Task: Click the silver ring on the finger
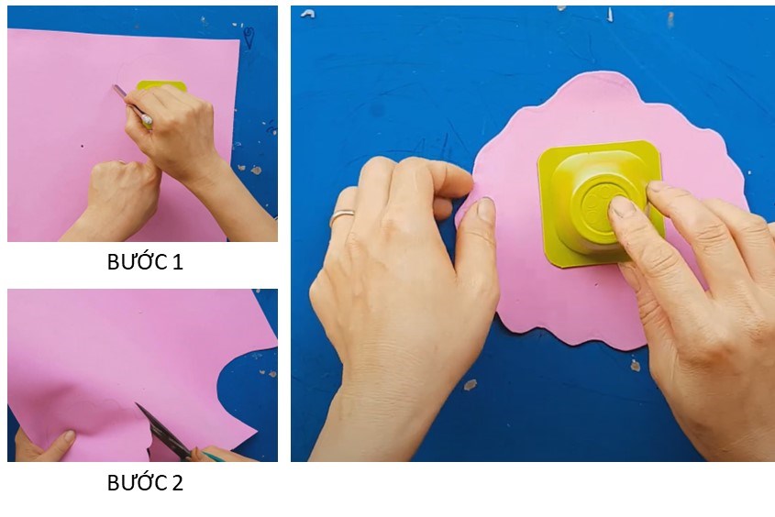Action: (342, 215)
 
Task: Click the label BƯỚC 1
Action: (145, 262)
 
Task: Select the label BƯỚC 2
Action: (145, 482)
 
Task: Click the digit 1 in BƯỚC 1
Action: (178, 262)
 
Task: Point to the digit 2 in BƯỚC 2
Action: (177, 483)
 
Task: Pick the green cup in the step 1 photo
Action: (161, 86)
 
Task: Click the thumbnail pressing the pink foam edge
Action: (486, 209)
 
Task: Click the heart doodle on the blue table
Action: (249, 38)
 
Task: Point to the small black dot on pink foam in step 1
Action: (83, 146)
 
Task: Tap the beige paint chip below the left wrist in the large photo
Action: (470, 384)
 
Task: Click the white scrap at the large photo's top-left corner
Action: (307, 14)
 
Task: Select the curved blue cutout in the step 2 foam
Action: (247, 391)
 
